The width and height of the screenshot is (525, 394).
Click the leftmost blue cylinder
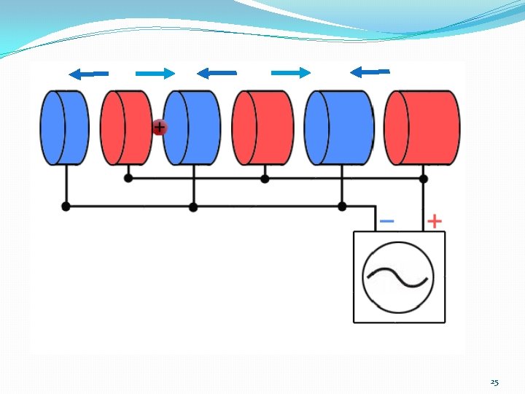pyautogui.click(x=64, y=127)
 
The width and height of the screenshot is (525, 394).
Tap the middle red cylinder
pyautogui.click(x=263, y=127)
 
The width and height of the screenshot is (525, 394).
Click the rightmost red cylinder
pyautogui.click(x=421, y=127)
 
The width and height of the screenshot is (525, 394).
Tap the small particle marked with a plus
pyautogui.click(x=159, y=128)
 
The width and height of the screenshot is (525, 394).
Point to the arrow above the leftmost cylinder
pyautogui.click(x=88, y=73)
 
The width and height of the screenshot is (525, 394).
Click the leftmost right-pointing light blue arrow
pyautogui.click(x=155, y=72)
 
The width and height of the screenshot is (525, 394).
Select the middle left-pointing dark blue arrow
pyautogui.click(x=217, y=73)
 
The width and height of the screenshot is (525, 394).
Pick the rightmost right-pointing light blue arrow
pyautogui.click(x=291, y=72)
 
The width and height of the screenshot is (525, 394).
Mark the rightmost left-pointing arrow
pyautogui.click(x=370, y=72)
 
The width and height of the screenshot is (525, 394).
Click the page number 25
pyautogui.click(x=494, y=382)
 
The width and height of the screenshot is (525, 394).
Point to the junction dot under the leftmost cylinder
pyautogui.click(x=66, y=206)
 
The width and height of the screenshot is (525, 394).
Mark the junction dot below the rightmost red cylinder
pyautogui.click(x=424, y=178)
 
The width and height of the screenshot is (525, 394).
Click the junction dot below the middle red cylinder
pyautogui.click(x=265, y=178)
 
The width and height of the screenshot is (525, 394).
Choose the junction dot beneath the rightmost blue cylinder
pyautogui.click(x=342, y=206)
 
